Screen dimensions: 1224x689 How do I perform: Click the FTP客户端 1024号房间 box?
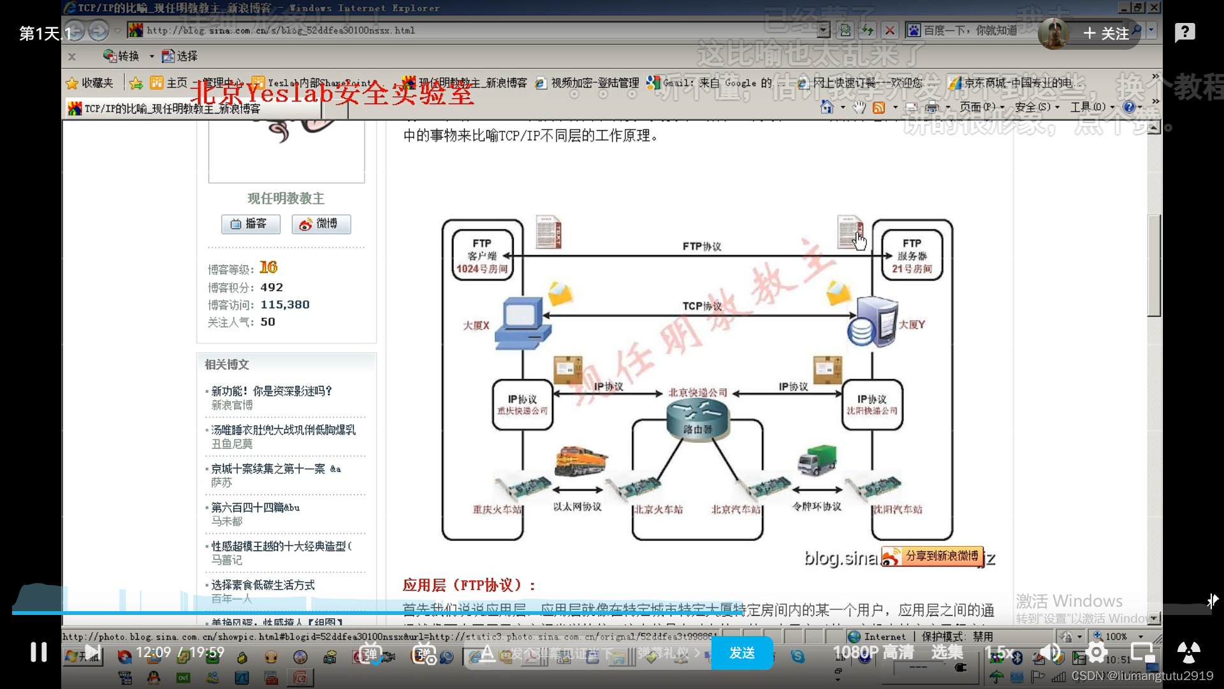(x=482, y=255)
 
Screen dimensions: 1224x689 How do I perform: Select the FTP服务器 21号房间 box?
(x=912, y=255)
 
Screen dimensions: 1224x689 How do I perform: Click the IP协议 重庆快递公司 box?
(x=522, y=404)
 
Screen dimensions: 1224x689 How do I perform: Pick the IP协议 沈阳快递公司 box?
(x=871, y=404)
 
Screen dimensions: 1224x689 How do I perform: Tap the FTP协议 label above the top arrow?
(x=701, y=246)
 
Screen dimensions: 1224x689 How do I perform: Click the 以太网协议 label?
(x=577, y=507)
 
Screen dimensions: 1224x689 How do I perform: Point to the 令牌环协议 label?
(x=817, y=507)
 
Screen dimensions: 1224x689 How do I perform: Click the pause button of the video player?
(x=39, y=651)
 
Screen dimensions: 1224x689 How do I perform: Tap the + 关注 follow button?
(x=1106, y=33)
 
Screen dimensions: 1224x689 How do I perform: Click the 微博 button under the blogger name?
(x=321, y=224)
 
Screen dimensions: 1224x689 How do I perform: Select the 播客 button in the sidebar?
(x=250, y=224)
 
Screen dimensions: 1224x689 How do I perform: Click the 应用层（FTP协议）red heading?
(x=469, y=585)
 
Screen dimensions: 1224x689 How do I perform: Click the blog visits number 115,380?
(x=284, y=305)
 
